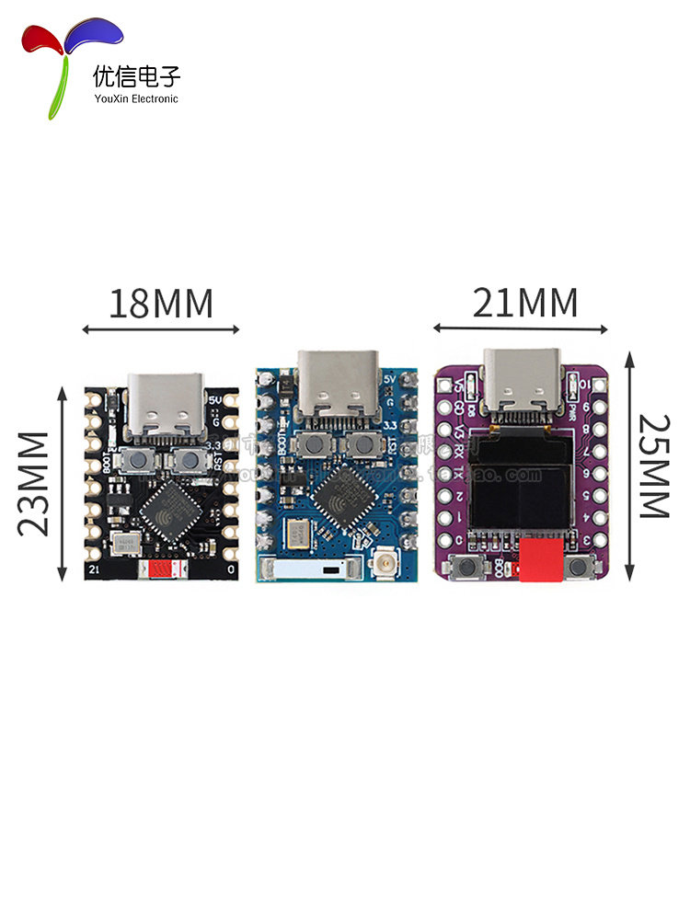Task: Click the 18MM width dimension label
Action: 161,303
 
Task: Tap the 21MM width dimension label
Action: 525,302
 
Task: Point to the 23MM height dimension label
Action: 34,482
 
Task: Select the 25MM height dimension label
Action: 653,466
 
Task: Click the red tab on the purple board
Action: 540,561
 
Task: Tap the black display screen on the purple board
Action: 520,485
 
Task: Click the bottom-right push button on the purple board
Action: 581,569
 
